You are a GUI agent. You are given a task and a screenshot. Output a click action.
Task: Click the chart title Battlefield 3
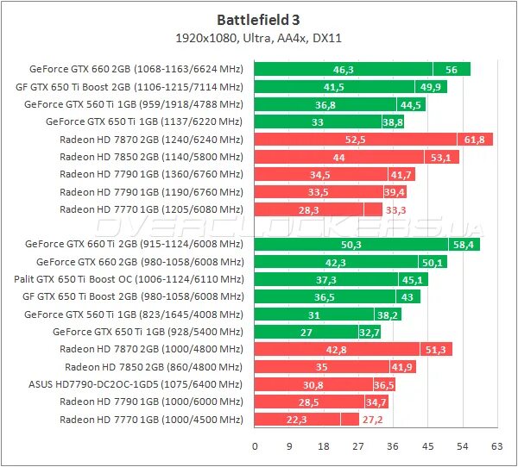258,19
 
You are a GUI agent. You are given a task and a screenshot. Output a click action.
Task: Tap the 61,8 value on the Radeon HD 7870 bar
474,140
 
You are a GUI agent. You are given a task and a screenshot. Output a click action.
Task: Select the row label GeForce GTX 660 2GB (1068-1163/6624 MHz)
136,69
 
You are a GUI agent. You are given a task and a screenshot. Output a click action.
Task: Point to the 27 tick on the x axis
358,446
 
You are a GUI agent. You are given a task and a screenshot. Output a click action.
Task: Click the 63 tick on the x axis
496,446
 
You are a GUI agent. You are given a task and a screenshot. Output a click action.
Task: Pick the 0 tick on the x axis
255,446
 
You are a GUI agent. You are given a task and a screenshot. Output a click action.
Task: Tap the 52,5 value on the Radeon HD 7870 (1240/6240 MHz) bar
355,140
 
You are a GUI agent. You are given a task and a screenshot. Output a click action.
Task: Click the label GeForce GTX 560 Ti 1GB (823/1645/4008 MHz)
134,314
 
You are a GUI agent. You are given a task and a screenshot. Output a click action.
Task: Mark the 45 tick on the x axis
427,446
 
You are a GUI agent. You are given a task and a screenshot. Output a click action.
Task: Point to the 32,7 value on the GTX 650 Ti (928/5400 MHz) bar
369,332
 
